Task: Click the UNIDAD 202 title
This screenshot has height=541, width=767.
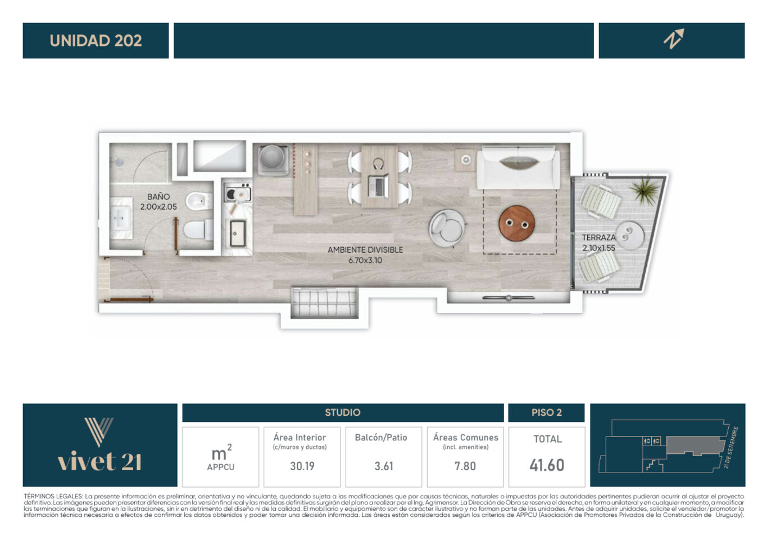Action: [96, 41]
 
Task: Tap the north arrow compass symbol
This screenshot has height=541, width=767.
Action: [674, 39]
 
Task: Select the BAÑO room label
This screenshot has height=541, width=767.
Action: [158, 197]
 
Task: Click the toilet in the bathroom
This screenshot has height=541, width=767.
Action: [198, 230]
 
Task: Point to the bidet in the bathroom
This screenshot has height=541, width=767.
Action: [198, 201]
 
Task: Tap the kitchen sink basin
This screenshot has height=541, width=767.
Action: [237, 233]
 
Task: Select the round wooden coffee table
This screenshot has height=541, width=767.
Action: [517, 224]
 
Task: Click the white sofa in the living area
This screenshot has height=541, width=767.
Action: [519, 167]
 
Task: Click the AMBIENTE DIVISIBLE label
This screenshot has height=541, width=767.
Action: [365, 250]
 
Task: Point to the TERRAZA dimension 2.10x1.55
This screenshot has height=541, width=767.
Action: [598, 248]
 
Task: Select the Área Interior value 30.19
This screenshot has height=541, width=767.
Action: [302, 466]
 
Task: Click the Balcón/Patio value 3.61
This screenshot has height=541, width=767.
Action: [383, 466]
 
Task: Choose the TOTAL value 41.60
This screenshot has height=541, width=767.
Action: [547, 465]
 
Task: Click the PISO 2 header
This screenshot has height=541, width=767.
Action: [547, 412]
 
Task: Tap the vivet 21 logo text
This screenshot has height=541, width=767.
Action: [99, 462]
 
